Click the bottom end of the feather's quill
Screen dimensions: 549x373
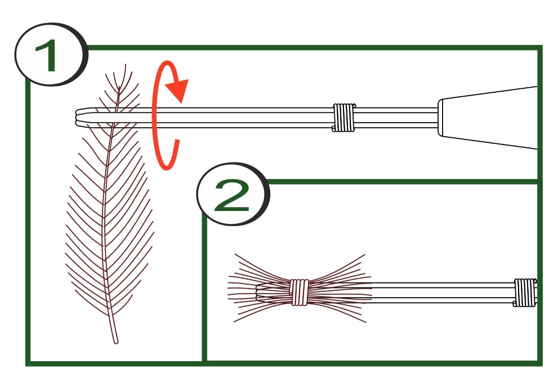[116, 341]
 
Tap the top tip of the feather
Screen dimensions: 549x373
[125, 65]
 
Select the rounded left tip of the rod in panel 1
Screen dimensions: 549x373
[77, 118]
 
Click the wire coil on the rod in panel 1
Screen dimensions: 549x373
[343, 118]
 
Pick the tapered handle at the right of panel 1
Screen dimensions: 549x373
[488, 118]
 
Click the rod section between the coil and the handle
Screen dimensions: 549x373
[396, 118]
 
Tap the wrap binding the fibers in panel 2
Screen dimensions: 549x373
[299, 292]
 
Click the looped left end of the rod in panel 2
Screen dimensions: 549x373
[258, 292]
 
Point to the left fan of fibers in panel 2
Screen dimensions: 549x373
[259, 288]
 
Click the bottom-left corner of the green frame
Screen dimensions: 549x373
[28, 363]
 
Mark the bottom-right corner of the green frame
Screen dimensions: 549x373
[540, 363]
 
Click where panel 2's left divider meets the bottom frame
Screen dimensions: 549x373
[204, 363]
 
